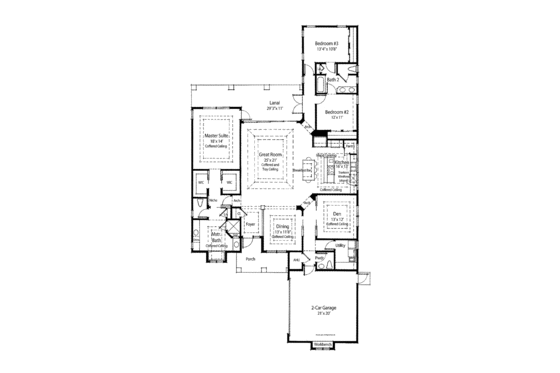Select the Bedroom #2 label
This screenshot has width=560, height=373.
[336, 112]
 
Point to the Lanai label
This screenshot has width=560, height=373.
[272, 103]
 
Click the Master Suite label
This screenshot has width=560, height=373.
[215, 134]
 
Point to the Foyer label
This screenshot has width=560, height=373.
[251, 225]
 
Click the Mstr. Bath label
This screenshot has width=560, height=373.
[215, 238]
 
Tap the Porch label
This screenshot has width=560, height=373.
[250, 257]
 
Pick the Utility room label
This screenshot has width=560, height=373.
[340, 244]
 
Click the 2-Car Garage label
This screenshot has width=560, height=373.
[322, 307]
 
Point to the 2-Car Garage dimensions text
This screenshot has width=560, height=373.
[322, 314]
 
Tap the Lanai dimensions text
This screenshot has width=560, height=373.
[272, 109]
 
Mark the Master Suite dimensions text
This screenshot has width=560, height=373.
[215, 140]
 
